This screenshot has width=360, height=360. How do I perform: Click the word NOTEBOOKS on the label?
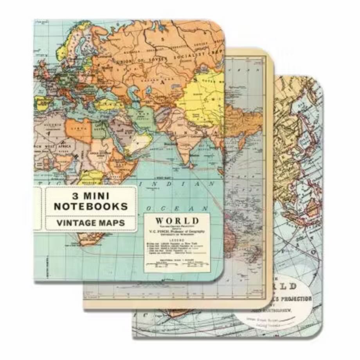point(91,206)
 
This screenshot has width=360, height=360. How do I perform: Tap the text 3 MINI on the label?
point(91,195)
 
